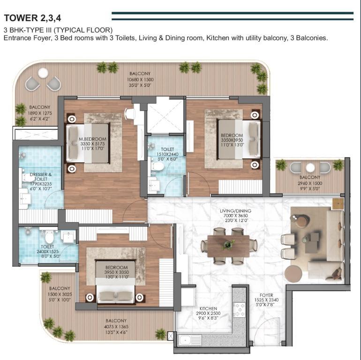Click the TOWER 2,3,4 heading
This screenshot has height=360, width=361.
tap(32, 18)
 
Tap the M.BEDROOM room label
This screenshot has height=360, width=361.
tap(92, 139)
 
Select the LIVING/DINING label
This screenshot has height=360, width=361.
tap(235, 210)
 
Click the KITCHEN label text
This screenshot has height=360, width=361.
tap(208, 308)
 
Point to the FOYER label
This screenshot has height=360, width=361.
tap(266, 295)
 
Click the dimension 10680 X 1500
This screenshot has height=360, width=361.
tap(140, 79)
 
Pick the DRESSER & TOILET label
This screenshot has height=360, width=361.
tap(41, 177)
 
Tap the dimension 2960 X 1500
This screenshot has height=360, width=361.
tap(310, 183)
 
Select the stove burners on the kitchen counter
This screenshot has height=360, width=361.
tap(240, 309)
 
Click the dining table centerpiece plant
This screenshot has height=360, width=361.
tap(228, 245)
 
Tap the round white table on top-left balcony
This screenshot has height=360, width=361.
tap(43, 73)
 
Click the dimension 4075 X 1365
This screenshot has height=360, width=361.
tap(116, 326)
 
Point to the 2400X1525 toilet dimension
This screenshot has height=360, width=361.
tap(48, 252)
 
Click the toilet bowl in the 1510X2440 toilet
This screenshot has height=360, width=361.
tap(157, 166)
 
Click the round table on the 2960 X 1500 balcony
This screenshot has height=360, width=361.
tap(310, 167)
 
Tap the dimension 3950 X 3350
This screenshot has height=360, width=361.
tap(116, 272)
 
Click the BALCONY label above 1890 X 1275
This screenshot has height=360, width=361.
tap(39, 107)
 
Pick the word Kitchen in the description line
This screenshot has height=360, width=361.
tap(218, 38)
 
